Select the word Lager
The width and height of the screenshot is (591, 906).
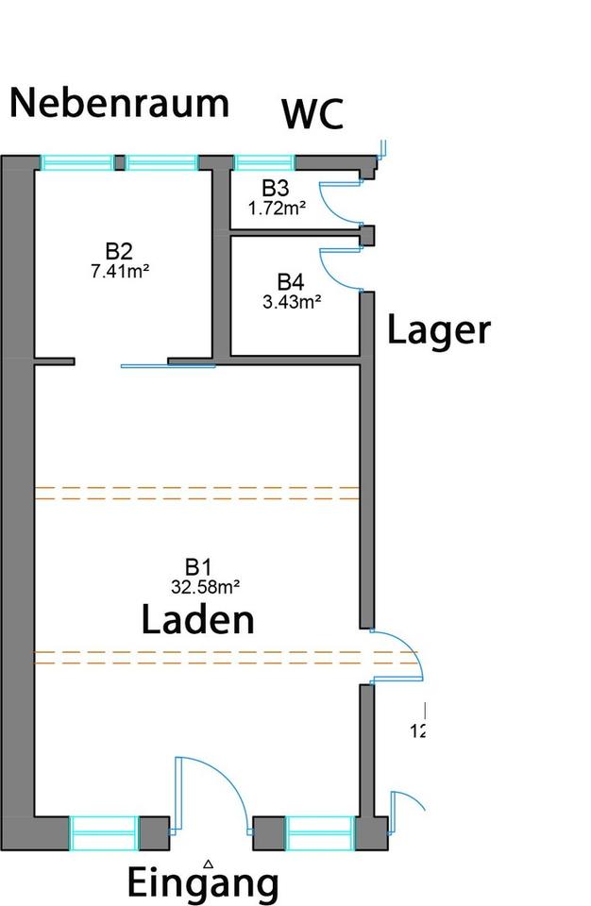[x=439, y=330]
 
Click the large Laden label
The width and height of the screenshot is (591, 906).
[x=198, y=620]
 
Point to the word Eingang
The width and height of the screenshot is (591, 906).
[x=203, y=884]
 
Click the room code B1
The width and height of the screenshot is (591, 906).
[x=197, y=567]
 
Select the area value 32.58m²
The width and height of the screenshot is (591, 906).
[x=204, y=586]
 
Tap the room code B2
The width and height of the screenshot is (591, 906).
[x=119, y=251]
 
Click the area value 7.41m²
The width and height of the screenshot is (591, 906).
[x=119, y=269]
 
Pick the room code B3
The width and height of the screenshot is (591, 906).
[x=276, y=187]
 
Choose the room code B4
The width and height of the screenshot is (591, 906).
[x=291, y=281]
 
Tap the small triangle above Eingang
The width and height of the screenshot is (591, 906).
[x=209, y=863]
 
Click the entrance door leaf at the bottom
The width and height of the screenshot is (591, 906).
[x=177, y=793]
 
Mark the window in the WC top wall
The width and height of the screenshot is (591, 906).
[x=263, y=162]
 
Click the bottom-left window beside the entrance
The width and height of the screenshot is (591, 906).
[x=104, y=833]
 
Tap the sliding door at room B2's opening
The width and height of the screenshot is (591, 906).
[x=167, y=365]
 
